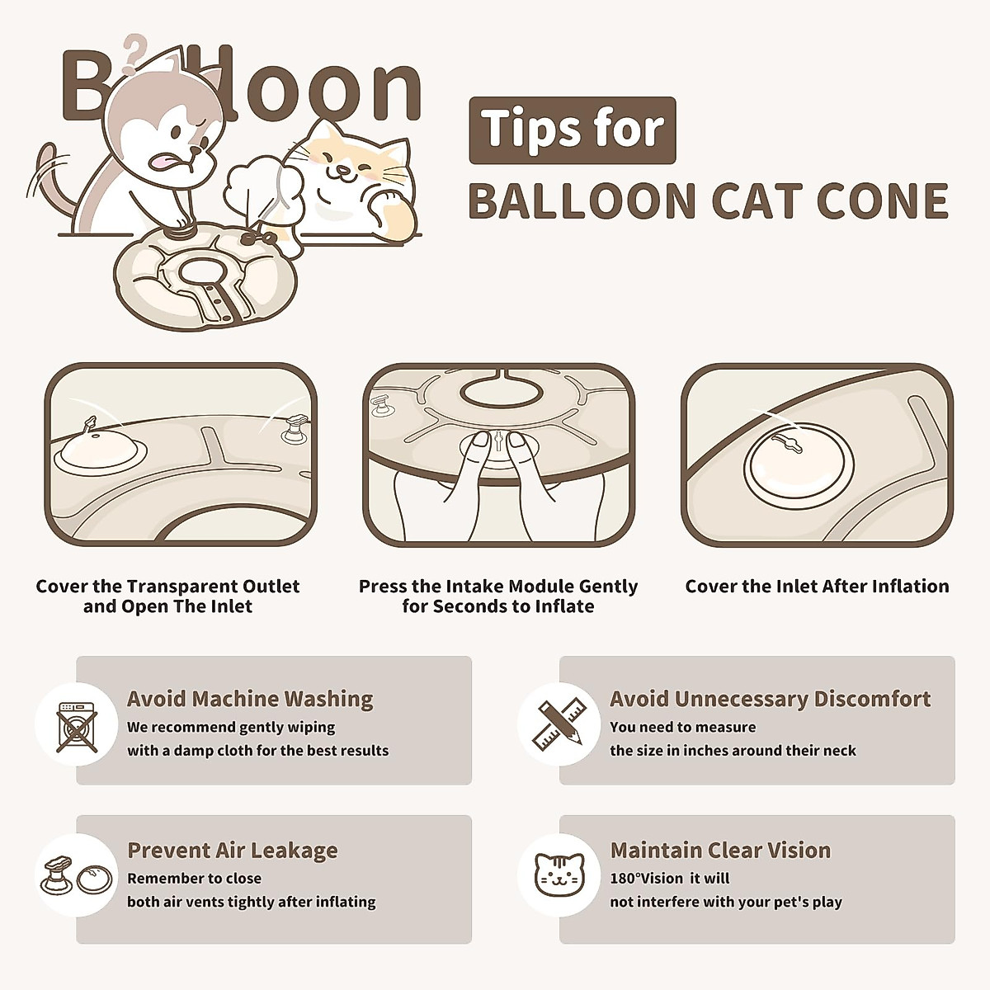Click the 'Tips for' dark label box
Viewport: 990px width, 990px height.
pyautogui.click(x=573, y=130)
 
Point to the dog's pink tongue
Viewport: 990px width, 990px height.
pyautogui.click(x=167, y=159)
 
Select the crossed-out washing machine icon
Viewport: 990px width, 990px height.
pyautogui.click(x=77, y=727)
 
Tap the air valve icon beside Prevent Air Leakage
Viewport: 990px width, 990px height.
pyautogui.click(x=77, y=876)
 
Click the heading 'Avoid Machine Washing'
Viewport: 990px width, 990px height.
pyautogui.click(x=250, y=699)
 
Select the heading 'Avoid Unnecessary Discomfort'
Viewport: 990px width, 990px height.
pyautogui.click(x=770, y=699)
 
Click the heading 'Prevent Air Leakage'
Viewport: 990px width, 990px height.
pyautogui.click(x=233, y=850)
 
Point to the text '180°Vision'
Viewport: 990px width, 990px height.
pyautogui.click(x=647, y=878)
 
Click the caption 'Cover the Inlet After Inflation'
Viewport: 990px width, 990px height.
pyautogui.click(x=817, y=587)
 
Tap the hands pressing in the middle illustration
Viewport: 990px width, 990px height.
pyautogui.click(x=498, y=478)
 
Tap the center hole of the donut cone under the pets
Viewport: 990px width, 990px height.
pyautogui.click(x=201, y=269)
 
